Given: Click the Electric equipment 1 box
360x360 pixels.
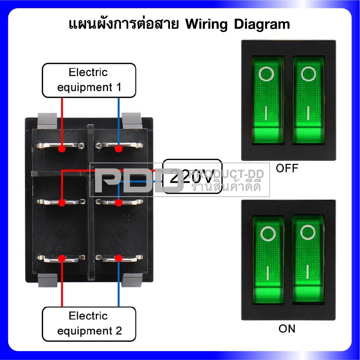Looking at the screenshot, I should click(89, 80).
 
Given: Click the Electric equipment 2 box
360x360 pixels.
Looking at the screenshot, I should click(89, 324).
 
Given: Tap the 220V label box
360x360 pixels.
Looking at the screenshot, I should click(192, 177).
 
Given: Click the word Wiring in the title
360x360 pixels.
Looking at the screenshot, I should click(207, 24).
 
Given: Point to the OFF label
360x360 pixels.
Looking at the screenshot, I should click(287, 168).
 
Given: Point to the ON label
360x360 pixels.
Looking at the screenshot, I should click(287, 328).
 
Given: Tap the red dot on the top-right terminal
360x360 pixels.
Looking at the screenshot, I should click(118, 148).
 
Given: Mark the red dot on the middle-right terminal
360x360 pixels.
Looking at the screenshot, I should click(118, 203).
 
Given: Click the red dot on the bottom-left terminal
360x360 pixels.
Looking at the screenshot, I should click(62, 258).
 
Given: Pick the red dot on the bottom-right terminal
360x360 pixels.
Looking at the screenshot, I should click(118, 258).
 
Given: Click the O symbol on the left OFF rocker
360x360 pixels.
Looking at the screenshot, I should click(266, 74).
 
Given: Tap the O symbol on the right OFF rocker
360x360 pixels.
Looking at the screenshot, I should click(308, 74).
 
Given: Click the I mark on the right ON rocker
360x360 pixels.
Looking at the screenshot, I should click(308, 272).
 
